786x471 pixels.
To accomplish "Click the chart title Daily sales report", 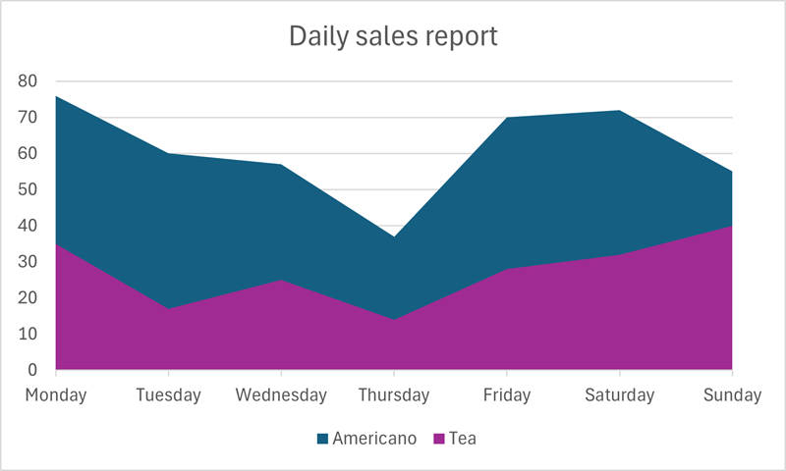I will pos(393,37).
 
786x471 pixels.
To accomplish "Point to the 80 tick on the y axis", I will pos(28,81).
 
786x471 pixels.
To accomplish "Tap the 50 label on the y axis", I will pos(28,190).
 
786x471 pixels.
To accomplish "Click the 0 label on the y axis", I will pos(32,371).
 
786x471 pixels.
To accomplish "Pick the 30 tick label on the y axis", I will pos(28,262).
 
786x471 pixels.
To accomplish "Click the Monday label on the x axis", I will pos(56,395).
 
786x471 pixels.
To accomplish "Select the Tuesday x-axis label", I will pos(169,395).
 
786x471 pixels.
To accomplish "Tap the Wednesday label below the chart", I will pos(281,395).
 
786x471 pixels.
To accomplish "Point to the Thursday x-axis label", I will pos(394,395).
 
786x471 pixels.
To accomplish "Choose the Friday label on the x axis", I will pos(507,395).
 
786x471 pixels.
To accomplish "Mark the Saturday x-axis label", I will pos(619,395).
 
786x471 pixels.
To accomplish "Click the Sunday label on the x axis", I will pos(732,395).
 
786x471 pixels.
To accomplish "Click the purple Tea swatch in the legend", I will pos(438,439).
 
